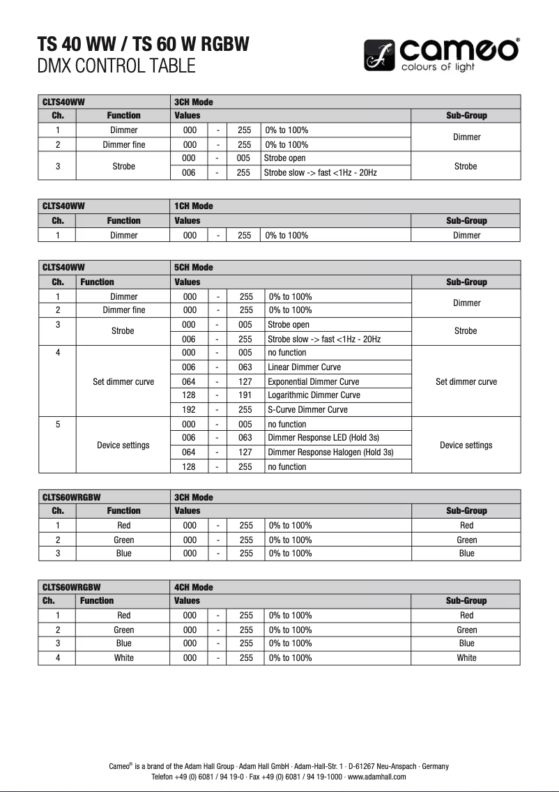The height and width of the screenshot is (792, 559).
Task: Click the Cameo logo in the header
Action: (x=441, y=55)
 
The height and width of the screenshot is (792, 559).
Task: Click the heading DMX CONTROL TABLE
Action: (x=116, y=66)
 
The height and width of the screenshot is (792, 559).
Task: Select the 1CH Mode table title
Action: (x=194, y=206)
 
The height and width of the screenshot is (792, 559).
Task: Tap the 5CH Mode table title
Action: (x=194, y=268)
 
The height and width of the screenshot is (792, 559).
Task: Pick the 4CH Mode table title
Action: (x=194, y=588)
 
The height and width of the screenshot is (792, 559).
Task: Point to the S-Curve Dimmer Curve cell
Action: (x=307, y=410)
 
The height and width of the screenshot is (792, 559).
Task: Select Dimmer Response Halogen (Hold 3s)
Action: (x=330, y=452)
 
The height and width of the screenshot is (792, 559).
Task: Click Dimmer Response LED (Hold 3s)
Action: (x=323, y=438)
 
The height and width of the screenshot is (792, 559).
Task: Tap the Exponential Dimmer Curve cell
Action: (x=314, y=381)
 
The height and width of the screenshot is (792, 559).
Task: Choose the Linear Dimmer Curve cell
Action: (x=305, y=367)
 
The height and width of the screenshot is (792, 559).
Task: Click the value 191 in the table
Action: (x=245, y=395)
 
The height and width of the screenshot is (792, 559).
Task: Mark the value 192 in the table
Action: (x=189, y=410)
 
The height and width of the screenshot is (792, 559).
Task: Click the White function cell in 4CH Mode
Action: (x=124, y=657)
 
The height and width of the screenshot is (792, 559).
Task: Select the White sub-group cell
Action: (x=466, y=657)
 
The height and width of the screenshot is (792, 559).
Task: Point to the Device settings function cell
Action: (x=123, y=445)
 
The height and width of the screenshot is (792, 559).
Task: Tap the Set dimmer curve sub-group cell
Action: (x=466, y=381)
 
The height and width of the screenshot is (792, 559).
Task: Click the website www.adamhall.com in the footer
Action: (x=376, y=777)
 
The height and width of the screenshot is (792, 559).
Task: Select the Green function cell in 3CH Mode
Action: (x=124, y=540)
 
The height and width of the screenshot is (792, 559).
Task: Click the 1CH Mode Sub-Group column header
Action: (x=466, y=220)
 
